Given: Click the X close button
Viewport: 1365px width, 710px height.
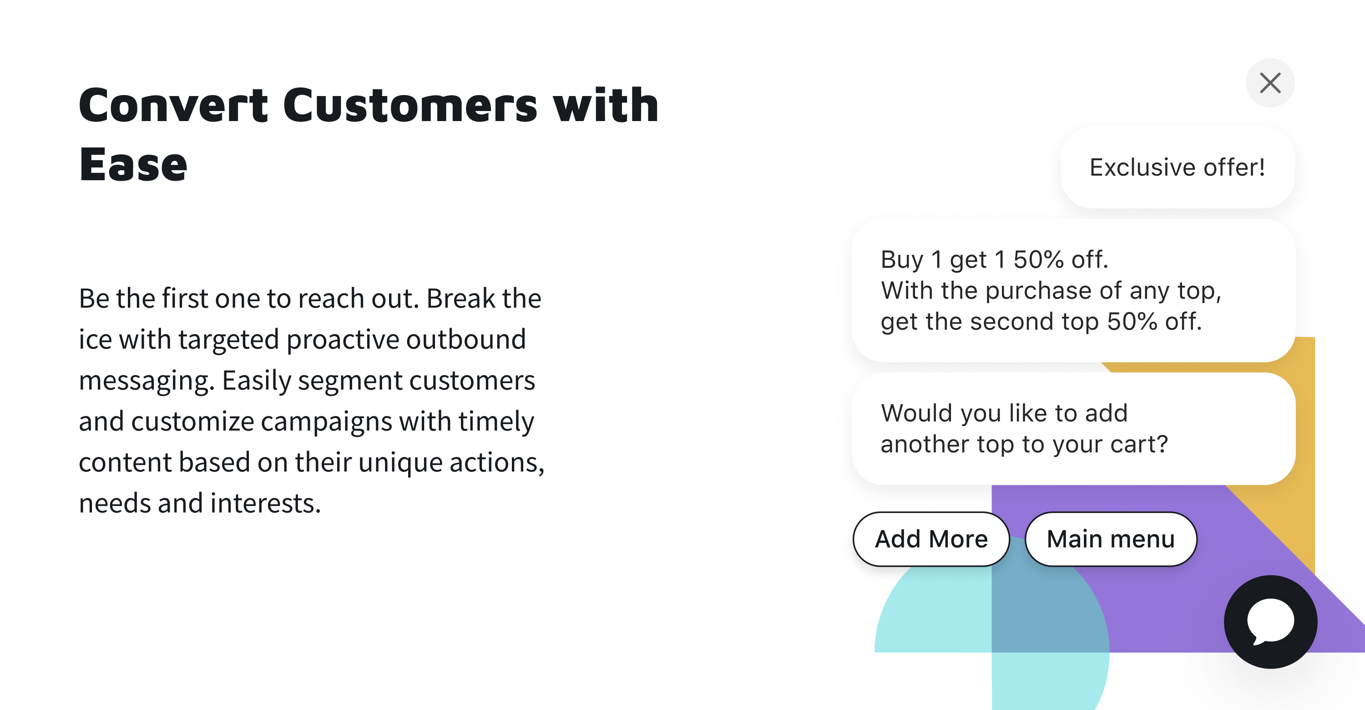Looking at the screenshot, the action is (1270, 83).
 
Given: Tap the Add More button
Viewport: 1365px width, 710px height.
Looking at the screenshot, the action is (931, 539).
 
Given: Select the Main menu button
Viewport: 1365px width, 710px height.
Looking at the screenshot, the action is (1111, 539).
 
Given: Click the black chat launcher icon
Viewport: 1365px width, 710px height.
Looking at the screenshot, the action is (1271, 622).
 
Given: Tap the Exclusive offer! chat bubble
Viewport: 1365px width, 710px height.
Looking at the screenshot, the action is (1178, 167).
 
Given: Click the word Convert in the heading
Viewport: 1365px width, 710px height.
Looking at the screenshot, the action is (174, 106).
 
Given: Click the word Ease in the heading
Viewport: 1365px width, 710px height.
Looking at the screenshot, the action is (133, 165).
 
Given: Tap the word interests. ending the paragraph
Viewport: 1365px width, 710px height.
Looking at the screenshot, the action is (265, 503).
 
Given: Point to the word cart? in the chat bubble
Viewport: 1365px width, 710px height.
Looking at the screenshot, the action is (1139, 444).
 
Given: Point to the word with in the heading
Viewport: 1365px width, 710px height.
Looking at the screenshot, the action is (606, 106).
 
